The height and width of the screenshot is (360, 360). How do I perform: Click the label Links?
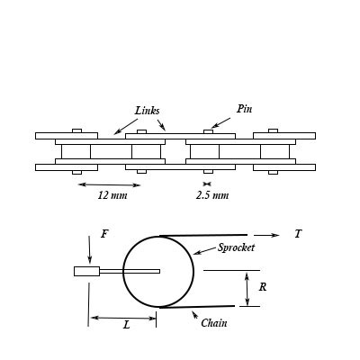pos(147,111)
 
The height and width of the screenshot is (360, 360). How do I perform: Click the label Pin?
pos(244,109)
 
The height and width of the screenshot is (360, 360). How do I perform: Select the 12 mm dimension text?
pos(112,195)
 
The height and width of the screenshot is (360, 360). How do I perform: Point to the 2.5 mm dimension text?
pos(212,195)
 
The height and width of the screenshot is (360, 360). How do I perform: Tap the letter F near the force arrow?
pos(104,234)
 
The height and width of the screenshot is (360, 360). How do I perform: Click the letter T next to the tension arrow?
pos(298,234)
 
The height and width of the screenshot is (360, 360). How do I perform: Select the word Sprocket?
pos(237,247)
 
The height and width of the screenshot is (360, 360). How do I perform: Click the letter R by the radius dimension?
pos(262,287)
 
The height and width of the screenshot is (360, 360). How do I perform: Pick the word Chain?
pos(213,323)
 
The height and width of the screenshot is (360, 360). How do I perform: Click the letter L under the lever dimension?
pos(126,325)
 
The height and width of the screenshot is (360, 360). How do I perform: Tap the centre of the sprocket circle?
pos(158,271)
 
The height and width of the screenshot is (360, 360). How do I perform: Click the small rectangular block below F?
pos(86,271)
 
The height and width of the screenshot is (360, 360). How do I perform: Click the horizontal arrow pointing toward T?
pos(266,235)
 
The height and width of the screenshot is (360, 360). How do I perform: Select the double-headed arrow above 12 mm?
pos(109,184)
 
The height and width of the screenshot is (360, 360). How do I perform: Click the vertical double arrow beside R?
pos(247,289)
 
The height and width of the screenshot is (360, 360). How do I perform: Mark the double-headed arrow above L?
pos(123,317)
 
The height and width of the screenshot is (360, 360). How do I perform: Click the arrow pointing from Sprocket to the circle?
pos(204,251)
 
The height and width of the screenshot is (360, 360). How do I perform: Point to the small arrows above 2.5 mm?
pos(208,184)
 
